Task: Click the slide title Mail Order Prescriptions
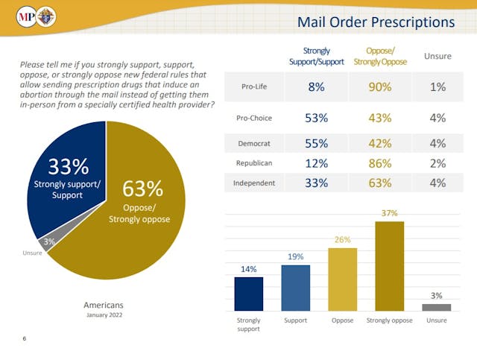(x=376, y=22)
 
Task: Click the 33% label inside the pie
(x=69, y=166)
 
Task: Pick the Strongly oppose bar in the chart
(x=390, y=266)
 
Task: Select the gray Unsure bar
(x=436, y=307)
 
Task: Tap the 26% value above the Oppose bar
(x=342, y=240)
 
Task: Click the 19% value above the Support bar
(x=295, y=256)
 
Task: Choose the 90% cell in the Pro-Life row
(x=379, y=86)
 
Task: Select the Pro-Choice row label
(x=253, y=118)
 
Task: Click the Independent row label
(x=255, y=183)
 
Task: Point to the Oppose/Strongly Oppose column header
(x=379, y=57)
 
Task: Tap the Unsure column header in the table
(x=437, y=56)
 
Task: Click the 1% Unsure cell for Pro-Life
(x=437, y=86)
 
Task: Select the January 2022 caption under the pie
(x=104, y=315)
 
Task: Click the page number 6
(x=24, y=339)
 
